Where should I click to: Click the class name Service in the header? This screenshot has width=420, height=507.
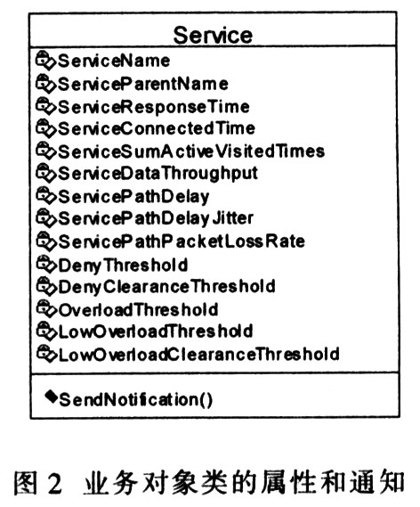(x=213, y=35)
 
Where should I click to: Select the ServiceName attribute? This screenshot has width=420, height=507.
(x=114, y=61)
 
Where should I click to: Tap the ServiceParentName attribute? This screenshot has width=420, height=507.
(x=142, y=84)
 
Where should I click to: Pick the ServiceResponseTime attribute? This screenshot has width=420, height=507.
(x=153, y=107)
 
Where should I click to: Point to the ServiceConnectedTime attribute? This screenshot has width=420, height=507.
(x=157, y=128)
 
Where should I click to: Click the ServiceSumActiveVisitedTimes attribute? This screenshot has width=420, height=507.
(x=191, y=151)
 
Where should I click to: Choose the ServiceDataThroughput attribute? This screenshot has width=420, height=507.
(x=157, y=174)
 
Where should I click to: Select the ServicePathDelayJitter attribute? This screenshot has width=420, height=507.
(x=156, y=218)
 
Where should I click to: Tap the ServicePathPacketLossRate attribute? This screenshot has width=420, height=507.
(x=182, y=241)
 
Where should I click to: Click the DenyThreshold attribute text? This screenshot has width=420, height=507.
(x=123, y=266)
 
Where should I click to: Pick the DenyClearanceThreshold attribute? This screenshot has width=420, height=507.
(x=166, y=287)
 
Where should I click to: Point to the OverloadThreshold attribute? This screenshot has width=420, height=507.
(x=138, y=310)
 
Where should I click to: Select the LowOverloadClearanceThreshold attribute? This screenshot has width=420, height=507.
(x=198, y=355)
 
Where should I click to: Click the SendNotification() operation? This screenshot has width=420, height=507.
(x=136, y=400)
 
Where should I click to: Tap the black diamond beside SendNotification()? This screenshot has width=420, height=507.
(x=51, y=396)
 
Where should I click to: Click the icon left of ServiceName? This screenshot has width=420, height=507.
(x=45, y=60)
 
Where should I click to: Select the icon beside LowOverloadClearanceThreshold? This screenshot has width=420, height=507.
(x=46, y=354)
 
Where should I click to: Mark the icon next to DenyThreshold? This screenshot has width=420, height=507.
(x=46, y=264)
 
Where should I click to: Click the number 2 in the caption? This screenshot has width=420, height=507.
(x=54, y=484)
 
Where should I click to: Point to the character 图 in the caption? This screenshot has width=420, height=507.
(x=25, y=483)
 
